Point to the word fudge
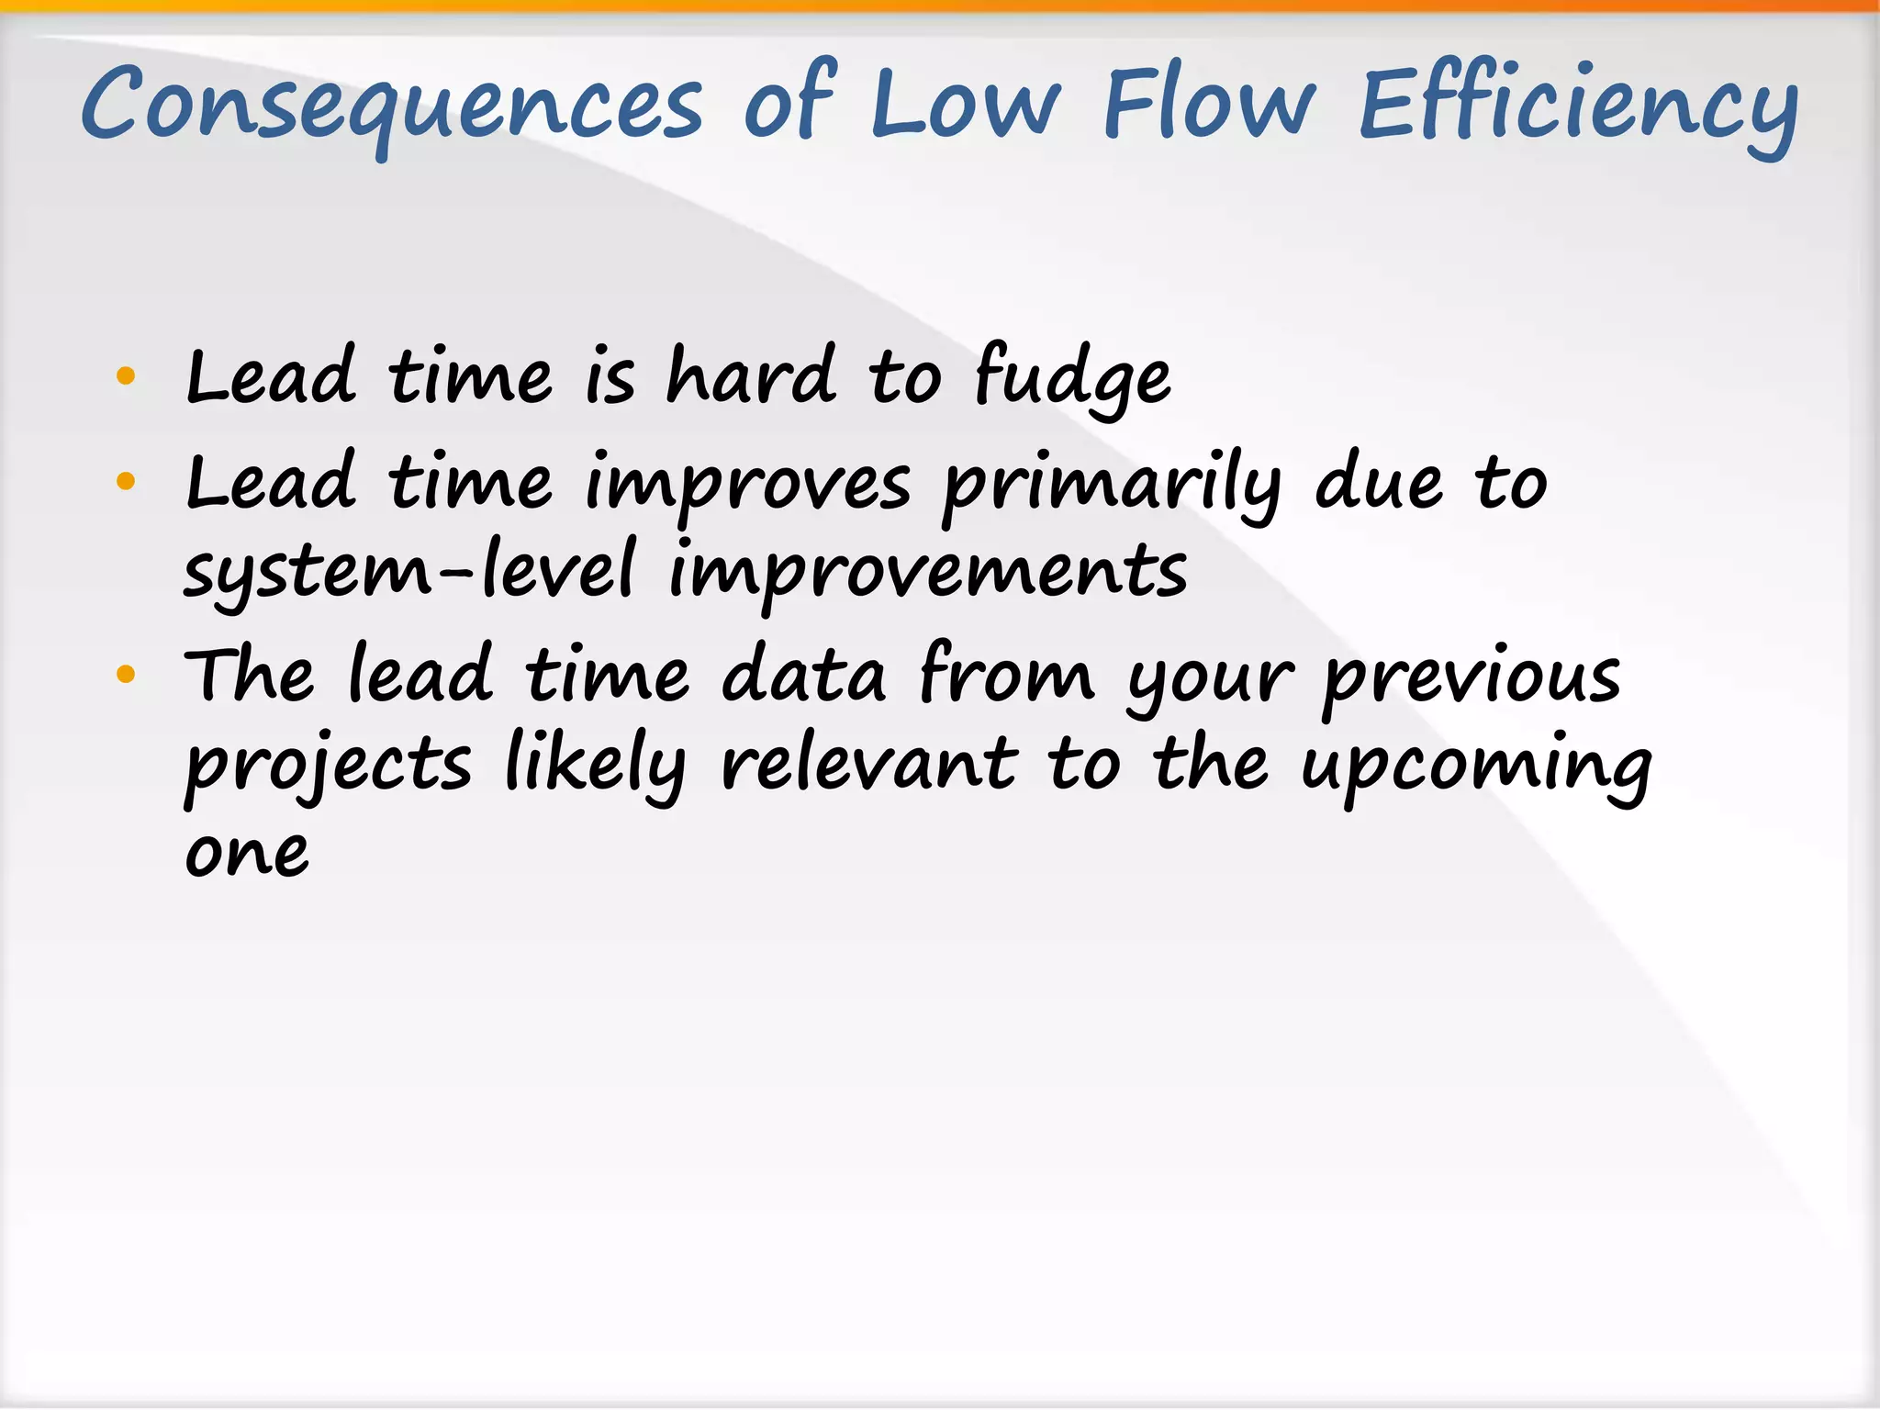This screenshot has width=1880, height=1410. point(1072,376)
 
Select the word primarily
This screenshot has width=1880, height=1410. point(1112,485)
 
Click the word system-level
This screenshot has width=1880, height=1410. point(408,571)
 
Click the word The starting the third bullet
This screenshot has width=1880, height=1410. point(250,676)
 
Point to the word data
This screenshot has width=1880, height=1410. point(804,676)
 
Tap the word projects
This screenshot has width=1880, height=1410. point(328,767)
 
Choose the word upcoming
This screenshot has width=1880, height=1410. point(1477,767)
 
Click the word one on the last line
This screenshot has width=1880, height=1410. point(247,854)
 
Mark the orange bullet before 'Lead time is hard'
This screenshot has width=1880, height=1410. point(127,375)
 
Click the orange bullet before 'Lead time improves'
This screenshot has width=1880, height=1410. point(127,481)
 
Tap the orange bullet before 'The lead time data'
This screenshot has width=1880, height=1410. point(127,676)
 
